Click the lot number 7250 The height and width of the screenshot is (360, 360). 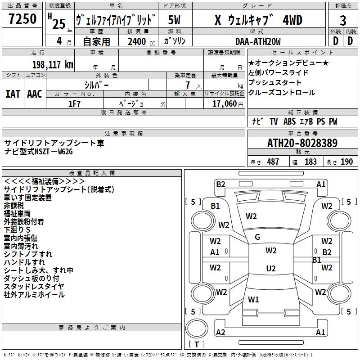coord(22,19)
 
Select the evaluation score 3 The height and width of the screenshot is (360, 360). coord(343,21)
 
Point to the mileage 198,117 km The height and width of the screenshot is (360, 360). coord(53,65)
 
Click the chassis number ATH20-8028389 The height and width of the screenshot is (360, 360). coord(302,143)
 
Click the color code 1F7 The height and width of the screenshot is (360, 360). coord(74,104)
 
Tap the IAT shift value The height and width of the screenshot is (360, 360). coord(13,94)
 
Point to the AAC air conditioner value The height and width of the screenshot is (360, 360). coord(35,94)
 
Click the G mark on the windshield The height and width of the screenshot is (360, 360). coord(257,237)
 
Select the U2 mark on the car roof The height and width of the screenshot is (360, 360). coord(270,269)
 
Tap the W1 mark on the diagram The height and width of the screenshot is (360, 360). coord(253,299)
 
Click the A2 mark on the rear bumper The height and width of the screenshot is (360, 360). coord(220,333)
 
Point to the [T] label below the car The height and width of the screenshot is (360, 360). coord(197,345)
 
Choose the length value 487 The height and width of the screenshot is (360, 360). coord(273,162)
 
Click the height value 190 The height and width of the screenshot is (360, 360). coord(346,162)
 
